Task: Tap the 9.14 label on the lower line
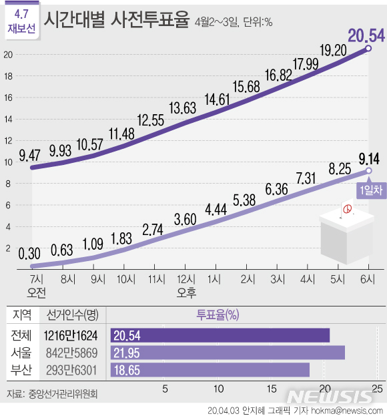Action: point(369,158)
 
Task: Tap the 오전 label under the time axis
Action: point(36,292)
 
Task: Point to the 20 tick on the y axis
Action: point(9,55)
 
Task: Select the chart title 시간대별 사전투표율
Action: point(116,21)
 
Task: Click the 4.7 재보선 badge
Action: point(21,21)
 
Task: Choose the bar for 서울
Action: point(227,353)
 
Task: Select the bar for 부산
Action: point(210,369)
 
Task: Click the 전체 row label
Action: point(21,335)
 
